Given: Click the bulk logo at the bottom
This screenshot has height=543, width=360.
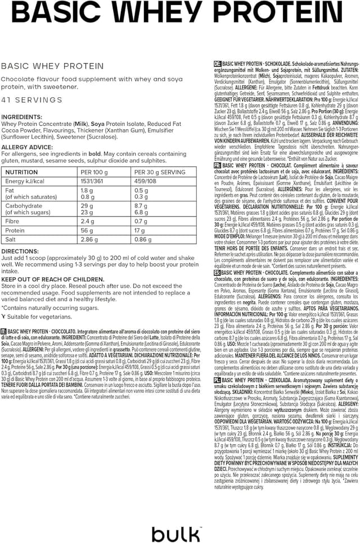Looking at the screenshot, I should (177, 531).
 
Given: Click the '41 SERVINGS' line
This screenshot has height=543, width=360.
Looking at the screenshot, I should (31, 100).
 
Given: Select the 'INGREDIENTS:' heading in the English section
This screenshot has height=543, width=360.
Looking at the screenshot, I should (22, 116).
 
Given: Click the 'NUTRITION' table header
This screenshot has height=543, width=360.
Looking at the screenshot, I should (21, 173).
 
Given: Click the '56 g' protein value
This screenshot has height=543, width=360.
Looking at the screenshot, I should (87, 230).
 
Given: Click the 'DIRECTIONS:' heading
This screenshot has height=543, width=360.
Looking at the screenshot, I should (20, 251).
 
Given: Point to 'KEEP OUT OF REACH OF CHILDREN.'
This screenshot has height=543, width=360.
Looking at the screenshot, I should (53, 279).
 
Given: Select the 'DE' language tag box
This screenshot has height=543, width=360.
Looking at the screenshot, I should (218, 64).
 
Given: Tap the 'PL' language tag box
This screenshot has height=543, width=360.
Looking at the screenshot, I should (218, 396).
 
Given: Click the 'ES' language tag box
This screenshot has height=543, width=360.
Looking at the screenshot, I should (218, 273).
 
